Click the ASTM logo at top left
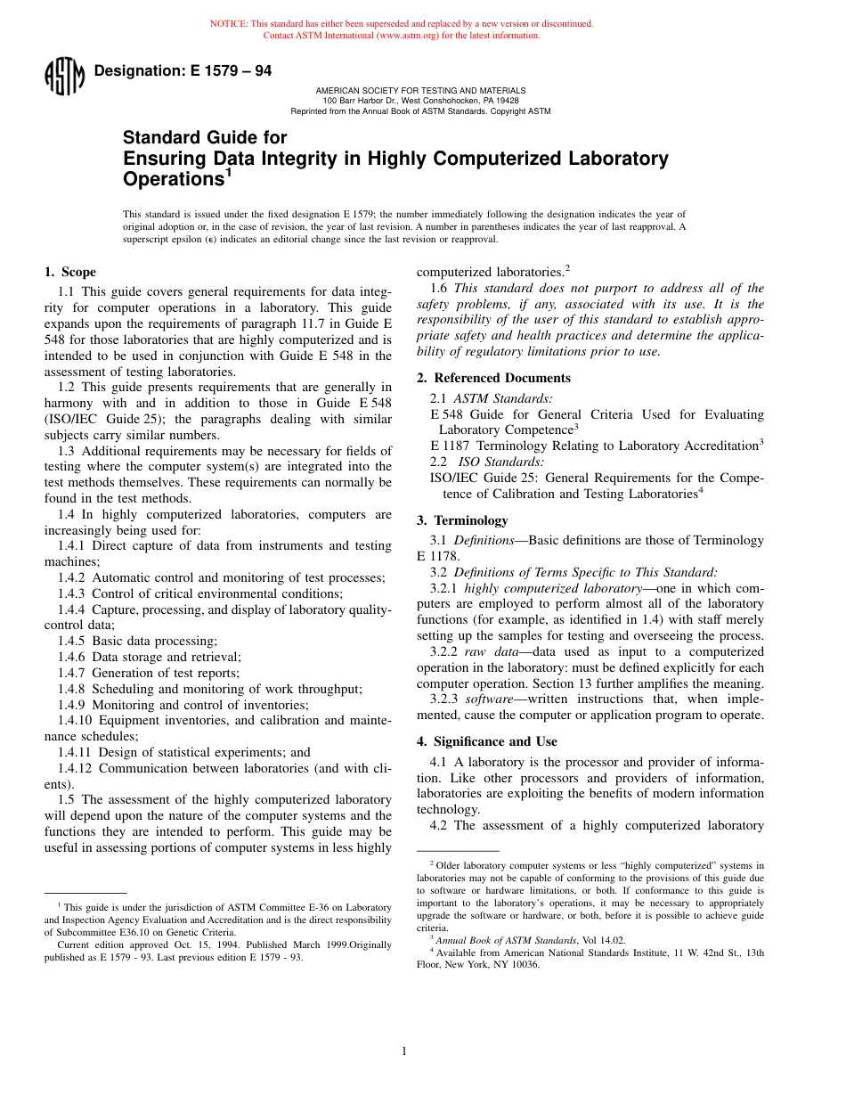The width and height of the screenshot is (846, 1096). (x=64, y=76)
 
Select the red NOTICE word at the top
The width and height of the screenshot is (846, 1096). (x=228, y=24)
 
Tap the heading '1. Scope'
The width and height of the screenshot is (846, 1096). (x=70, y=273)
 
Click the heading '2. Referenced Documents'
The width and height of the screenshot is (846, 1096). (x=493, y=378)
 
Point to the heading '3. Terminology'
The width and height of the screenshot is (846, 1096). (x=462, y=520)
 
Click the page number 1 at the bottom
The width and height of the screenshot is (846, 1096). (x=403, y=1051)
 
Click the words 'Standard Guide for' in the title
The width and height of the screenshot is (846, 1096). (x=205, y=137)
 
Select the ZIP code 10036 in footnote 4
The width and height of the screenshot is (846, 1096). (x=523, y=964)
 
